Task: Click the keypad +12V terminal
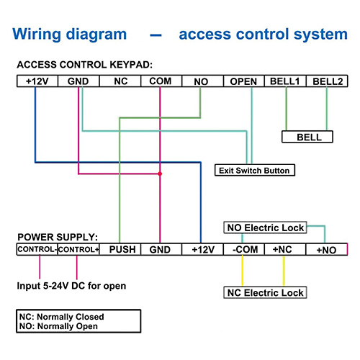pos(37,81)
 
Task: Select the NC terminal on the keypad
pos(120,81)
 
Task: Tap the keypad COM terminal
pos(161,81)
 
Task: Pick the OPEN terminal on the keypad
pos(244,81)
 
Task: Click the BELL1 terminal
pos(285,81)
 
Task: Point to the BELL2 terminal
pos(327,81)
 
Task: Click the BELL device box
pos(307,137)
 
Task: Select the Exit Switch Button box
pos(255,170)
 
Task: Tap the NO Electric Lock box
pos(265,228)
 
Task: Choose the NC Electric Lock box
pos(265,292)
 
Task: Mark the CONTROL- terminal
pos(37,249)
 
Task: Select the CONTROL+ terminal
pos(78,249)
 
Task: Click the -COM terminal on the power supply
pos(244,249)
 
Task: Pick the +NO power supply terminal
pos(327,249)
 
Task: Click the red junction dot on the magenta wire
pos(160,174)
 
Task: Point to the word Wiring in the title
pos(37,35)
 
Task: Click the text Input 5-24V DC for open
pos(71,286)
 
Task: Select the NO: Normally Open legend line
pos(58,326)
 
